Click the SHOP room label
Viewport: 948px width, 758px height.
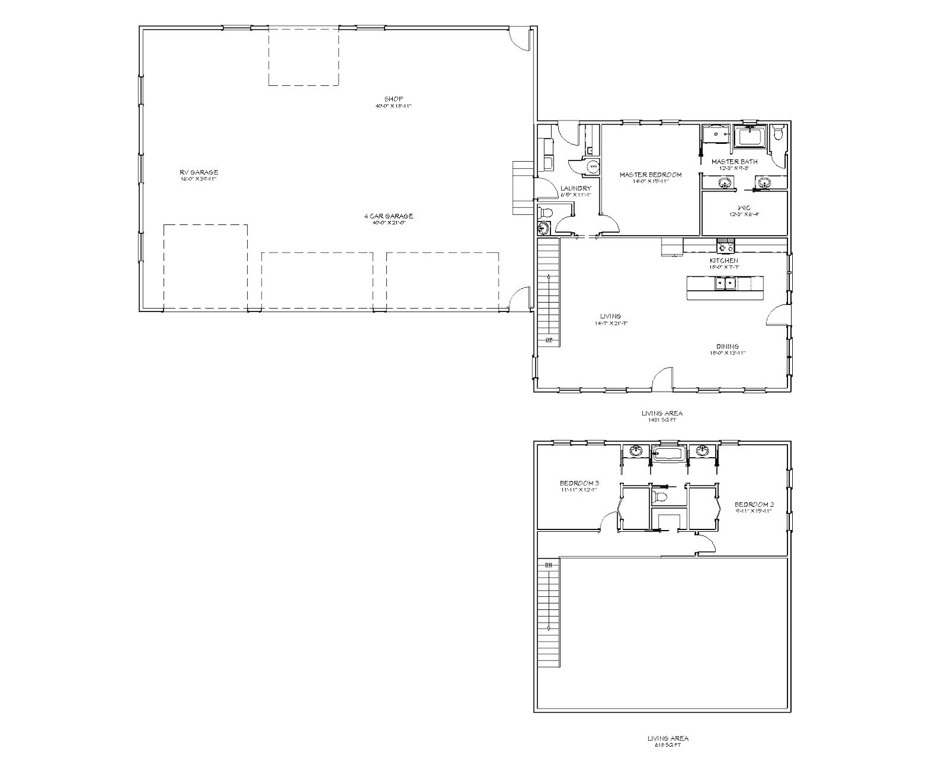point(393,98)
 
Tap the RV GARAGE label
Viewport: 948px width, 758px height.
point(199,172)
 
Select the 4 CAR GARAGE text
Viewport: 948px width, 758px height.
point(389,216)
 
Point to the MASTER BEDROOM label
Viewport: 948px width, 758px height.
point(650,175)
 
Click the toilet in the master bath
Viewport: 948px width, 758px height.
point(778,133)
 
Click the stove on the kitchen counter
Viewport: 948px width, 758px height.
point(725,245)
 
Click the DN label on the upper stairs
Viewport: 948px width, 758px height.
point(548,564)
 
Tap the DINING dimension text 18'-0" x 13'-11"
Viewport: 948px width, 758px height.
point(728,353)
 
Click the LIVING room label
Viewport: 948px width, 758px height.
point(611,316)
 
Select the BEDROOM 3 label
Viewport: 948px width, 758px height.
point(579,483)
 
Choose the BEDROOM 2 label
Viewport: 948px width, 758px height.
point(754,504)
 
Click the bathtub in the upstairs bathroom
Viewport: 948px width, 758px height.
point(668,453)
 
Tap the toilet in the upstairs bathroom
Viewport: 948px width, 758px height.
point(661,496)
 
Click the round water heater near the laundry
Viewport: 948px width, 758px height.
point(593,167)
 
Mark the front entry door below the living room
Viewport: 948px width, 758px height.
point(663,380)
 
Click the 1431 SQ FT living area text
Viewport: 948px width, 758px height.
point(662,420)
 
